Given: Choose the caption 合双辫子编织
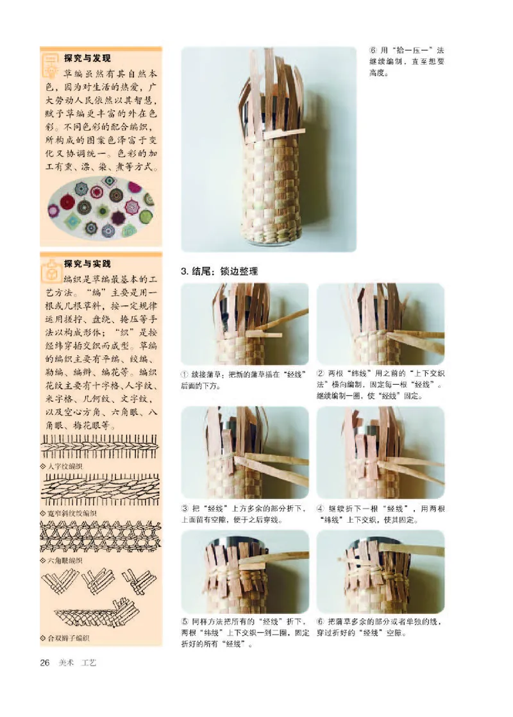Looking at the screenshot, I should point(68,637).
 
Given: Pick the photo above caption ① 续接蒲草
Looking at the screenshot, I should point(244,324).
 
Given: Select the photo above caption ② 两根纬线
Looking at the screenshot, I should point(380,324).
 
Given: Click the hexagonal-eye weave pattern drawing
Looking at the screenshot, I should point(99,537).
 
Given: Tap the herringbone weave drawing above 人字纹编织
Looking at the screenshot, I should point(99,446).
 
